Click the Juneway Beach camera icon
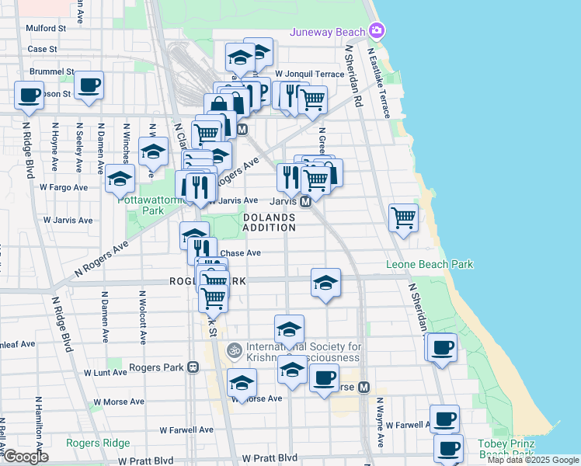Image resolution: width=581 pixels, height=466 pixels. [377, 31]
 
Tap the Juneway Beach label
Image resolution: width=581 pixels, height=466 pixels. [327, 32]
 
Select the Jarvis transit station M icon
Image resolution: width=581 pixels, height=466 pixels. [306, 201]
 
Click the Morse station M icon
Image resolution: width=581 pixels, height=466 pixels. [364, 387]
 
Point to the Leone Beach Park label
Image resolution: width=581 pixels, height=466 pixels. [430, 265]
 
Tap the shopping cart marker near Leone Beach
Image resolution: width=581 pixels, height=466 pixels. [403, 217]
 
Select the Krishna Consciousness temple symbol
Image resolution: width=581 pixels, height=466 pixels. [231, 351]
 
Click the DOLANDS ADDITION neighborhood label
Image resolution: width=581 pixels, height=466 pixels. [269, 223]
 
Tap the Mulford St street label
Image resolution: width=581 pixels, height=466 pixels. [46, 27]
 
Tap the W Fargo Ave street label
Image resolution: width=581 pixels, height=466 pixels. [67, 187]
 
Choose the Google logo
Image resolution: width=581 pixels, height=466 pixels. [25, 457]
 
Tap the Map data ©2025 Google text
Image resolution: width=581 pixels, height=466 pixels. [533, 460]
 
